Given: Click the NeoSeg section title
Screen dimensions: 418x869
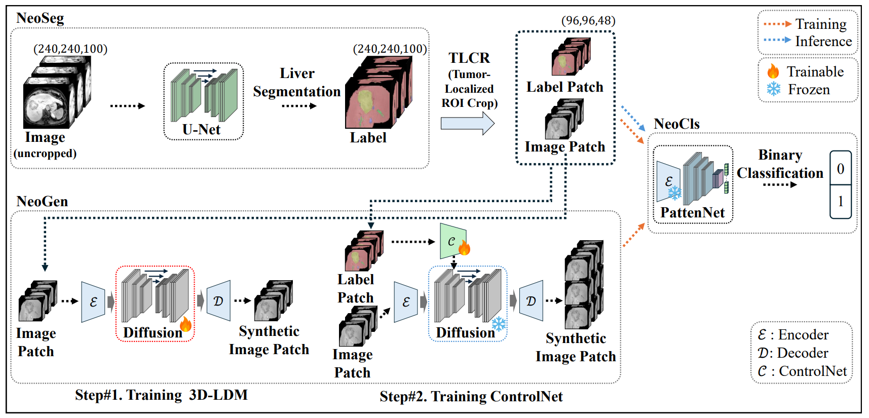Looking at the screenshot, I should tap(40, 18).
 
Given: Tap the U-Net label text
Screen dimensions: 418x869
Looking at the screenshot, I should tap(201, 130).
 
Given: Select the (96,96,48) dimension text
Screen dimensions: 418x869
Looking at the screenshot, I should tap(588, 21).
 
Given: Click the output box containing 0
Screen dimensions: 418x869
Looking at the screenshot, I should tap(840, 168).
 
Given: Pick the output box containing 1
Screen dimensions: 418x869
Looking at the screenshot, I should tap(840, 201).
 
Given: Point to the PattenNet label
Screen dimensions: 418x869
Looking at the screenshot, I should tap(692, 213).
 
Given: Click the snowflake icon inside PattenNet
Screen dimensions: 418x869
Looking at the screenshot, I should tap(674, 193).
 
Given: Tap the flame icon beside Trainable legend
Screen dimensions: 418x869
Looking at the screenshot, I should tap(773, 71).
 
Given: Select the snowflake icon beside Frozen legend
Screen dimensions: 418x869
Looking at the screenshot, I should tap(773, 89).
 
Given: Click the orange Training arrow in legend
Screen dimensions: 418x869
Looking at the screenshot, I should tap(777, 24).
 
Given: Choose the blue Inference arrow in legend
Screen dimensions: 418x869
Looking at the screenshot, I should tap(777, 40).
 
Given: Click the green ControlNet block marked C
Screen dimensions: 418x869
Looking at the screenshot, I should tap(452, 241).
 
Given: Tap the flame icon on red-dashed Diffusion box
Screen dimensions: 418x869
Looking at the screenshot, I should tap(186, 323).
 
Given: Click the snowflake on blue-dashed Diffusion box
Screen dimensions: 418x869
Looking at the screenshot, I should tap(499, 324).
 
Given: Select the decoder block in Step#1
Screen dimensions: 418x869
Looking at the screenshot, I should tap(219, 300).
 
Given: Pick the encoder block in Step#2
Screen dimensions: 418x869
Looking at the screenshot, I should tap(406, 302).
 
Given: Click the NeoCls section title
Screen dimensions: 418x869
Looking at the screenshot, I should tap(676, 124).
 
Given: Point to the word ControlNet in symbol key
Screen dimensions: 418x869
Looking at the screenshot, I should tap(813, 371).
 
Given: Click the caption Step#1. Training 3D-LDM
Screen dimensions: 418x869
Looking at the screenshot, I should tap(161, 395).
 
